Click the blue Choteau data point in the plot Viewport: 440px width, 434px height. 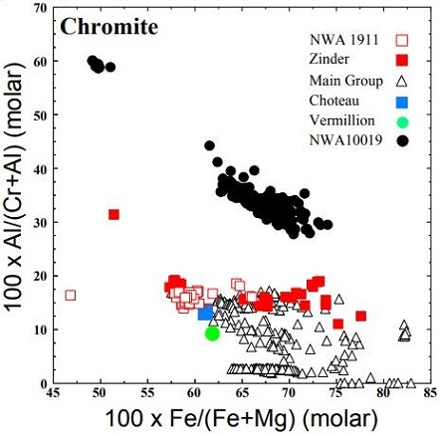point(206,313)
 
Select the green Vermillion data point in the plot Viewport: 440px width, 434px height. point(212,332)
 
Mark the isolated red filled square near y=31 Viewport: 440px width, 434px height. point(113,214)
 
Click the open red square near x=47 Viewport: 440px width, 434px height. point(71,295)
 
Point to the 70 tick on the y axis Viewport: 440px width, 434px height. point(40,9)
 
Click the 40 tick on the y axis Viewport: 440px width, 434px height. point(40,169)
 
